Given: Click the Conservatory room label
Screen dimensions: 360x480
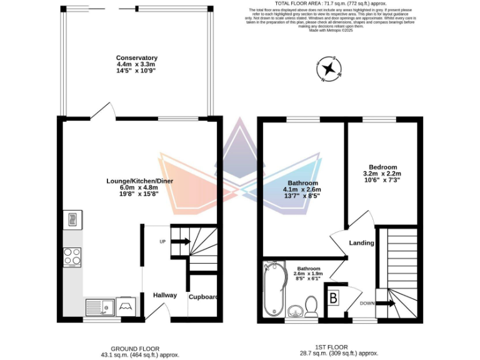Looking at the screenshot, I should click(x=136, y=58).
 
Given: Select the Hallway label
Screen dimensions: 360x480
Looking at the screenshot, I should click(x=165, y=295).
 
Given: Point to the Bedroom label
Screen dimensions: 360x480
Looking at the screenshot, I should click(x=382, y=167).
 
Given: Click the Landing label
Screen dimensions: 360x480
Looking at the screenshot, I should click(x=361, y=242).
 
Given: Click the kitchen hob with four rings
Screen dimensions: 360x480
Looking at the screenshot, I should click(x=72, y=257).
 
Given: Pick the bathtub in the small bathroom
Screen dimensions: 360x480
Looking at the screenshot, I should click(x=273, y=291).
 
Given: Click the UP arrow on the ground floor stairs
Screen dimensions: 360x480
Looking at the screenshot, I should click(x=181, y=241).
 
